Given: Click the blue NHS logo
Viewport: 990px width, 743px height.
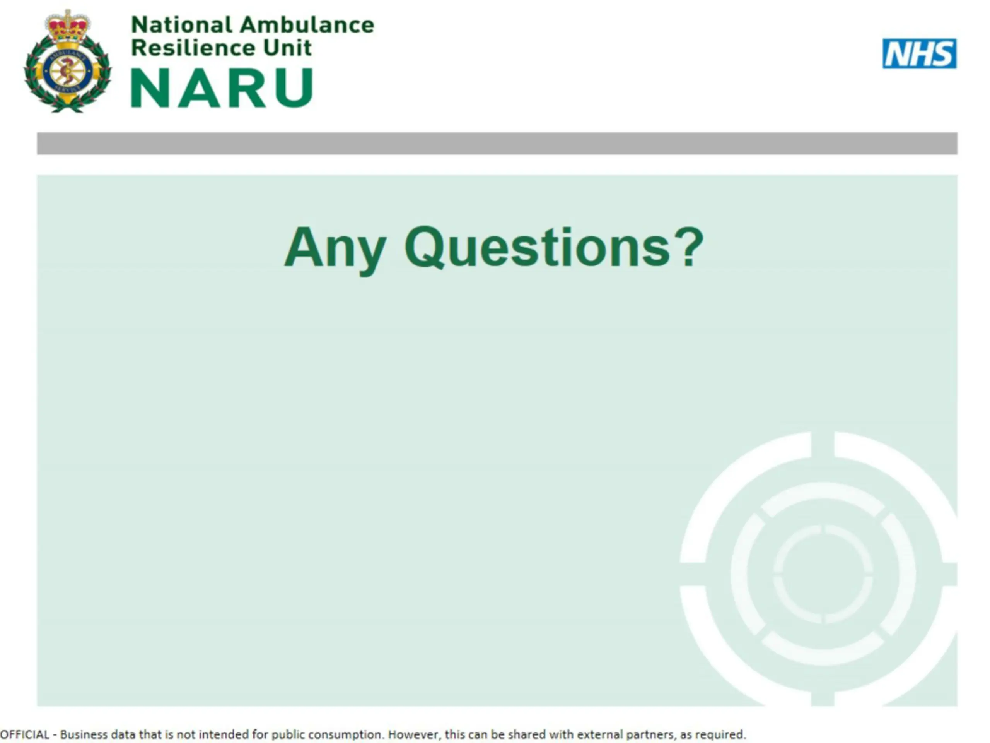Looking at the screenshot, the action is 919,54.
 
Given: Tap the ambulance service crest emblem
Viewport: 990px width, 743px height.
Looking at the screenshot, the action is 68,62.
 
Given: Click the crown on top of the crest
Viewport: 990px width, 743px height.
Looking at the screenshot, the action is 68,26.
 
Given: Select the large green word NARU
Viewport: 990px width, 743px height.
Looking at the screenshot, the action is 222,88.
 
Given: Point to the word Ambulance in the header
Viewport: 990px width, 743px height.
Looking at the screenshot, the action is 307,25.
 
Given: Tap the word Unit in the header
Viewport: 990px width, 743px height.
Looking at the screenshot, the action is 287,48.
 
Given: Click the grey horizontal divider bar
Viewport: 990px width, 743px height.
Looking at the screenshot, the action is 497,143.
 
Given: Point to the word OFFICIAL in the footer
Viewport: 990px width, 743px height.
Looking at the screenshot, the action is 25,734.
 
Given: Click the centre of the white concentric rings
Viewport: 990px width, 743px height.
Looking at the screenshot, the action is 823,574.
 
